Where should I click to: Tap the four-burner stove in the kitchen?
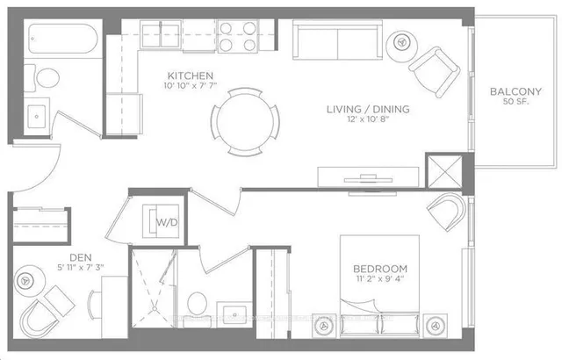[x=235, y=37]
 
